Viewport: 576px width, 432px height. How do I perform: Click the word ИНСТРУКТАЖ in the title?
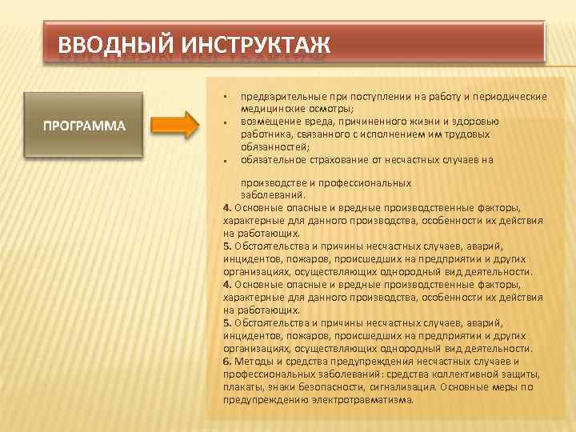click(254, 44)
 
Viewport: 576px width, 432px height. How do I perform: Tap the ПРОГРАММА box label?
click(84, 126)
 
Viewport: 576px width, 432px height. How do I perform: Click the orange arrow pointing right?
click(174, 126)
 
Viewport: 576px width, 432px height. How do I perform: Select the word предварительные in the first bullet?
click(280, 97)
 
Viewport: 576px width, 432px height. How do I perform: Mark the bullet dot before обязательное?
click(226, 162)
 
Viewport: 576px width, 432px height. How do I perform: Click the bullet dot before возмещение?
click(226, 123)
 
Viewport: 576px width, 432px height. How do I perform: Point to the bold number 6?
click(227, 362)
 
